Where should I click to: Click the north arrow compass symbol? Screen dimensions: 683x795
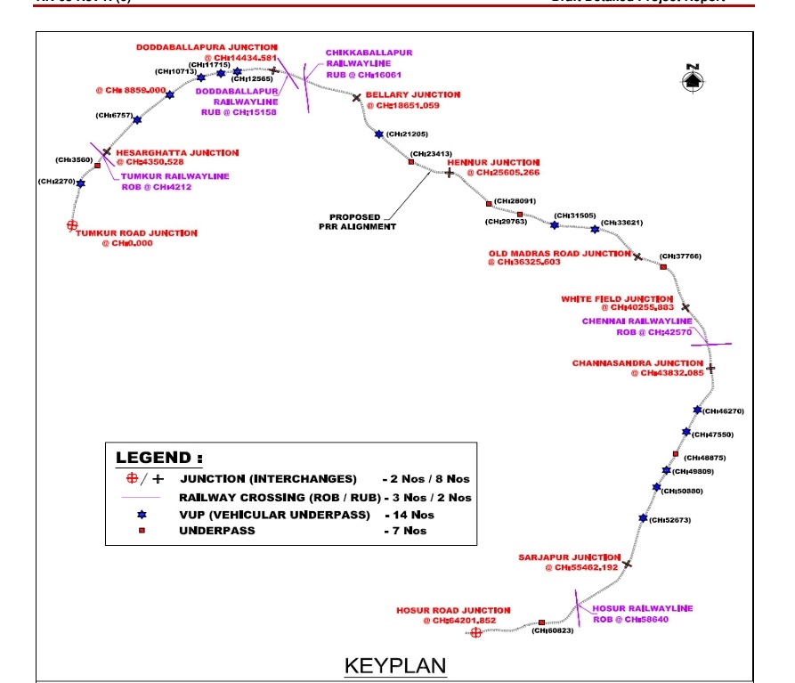pos(693,79)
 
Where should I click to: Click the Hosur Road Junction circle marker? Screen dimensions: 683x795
pos(475,632)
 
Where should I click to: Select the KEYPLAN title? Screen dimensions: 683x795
pos(395,665)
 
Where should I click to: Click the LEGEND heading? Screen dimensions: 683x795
pos(153,458)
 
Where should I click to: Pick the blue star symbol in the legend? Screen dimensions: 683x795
pos(142,515)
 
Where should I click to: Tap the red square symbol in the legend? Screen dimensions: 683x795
pos(142,531)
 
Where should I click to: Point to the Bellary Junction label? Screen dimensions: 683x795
pos(413,94)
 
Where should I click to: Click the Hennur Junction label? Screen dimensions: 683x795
pos(494,163)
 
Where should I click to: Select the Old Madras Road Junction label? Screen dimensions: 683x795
pos(559,254)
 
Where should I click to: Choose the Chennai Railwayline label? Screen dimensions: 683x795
pos(637,321)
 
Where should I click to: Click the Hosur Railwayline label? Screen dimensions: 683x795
pos(643,608)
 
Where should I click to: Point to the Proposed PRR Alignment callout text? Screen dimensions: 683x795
pos(355,222)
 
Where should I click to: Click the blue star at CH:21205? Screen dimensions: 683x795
pos(379,134)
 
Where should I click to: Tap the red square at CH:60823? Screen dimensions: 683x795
pos(541,622)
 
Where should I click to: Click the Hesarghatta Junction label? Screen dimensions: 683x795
pos(177,153)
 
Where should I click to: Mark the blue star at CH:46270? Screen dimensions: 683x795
pos(697,411)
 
